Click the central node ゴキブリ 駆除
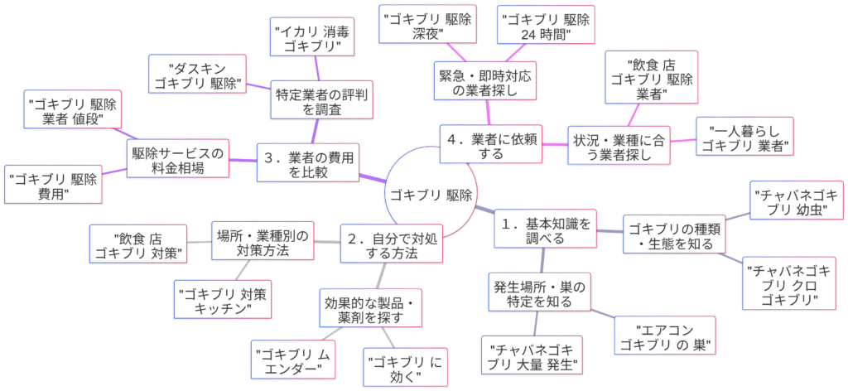(x=431, y=195)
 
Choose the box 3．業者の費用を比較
(x=307, y=163)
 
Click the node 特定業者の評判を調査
(x=319, y=100)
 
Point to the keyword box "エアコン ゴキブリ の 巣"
(x=667, y=335)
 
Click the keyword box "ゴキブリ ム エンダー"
(x=295, y=359)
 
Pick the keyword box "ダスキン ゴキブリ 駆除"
(x=197, y=76)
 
